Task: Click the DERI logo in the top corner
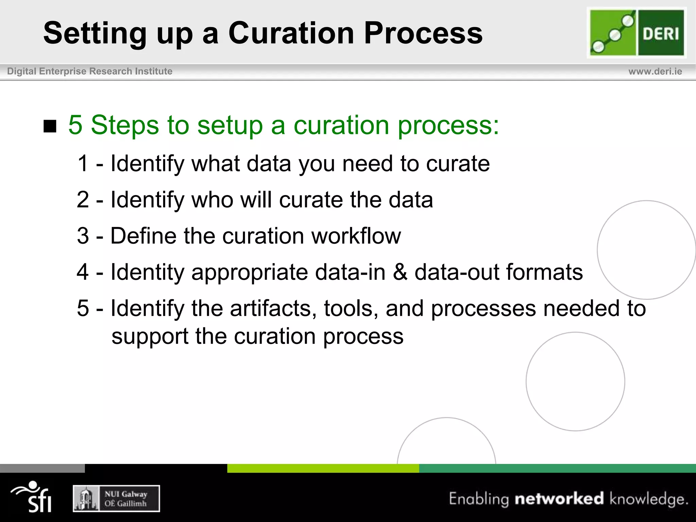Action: click(x=637, y=33)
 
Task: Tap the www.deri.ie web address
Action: click(x=655, y=71)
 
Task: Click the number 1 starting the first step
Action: click(x=83, y=163)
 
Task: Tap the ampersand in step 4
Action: click(x=400, y=272)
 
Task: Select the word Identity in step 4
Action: click(x=147, y=273)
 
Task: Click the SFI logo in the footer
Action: click(x=32, y=497)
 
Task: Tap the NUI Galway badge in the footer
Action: click(x=116, y=498)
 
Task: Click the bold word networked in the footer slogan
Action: click(x=559, y=499)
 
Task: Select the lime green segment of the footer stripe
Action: click(x=323, y=468)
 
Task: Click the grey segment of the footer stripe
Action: click(x=42, y=468)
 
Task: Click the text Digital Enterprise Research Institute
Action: click(x=90, y=71)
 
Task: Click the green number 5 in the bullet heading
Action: click(x=75, y=125)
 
